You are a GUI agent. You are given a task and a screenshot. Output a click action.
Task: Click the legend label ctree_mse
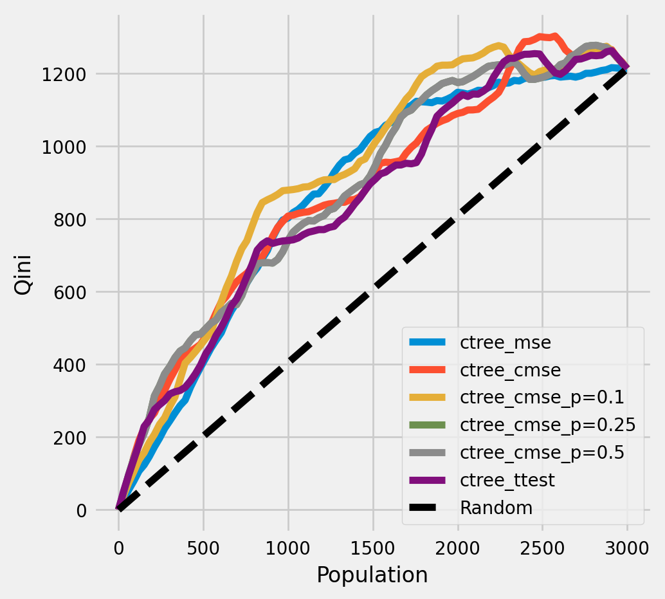tap(506, 343)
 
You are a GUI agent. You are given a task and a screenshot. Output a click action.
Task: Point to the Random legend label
tap(496, 508)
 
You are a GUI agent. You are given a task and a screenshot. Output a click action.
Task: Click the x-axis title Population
tap(372, 575)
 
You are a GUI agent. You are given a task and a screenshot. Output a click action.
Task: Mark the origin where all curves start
tap(119, 510)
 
